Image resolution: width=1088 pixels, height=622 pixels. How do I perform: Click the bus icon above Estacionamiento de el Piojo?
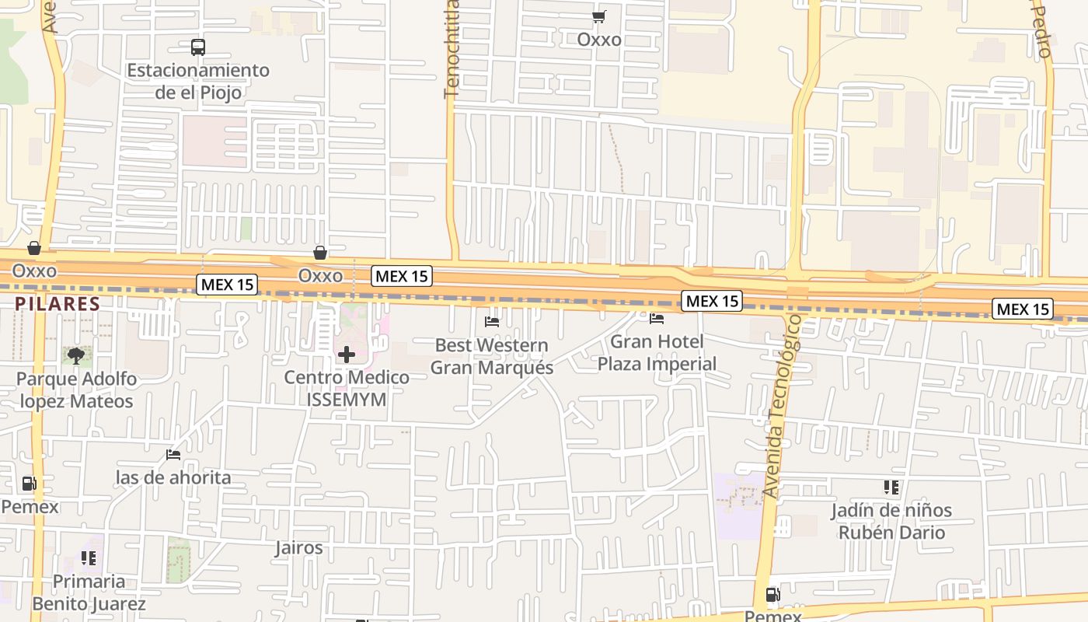(x=198, y=47)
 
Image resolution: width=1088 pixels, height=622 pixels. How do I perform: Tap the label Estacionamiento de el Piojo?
(x=198, y=81)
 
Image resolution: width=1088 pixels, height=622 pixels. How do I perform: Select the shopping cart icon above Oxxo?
(x=598, y=16)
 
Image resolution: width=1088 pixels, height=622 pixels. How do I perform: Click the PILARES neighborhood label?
(x=57, y=304)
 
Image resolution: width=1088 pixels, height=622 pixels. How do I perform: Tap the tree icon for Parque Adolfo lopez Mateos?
(x=75, y=357)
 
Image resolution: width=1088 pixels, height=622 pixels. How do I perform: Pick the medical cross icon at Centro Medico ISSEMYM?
(x=347, y=355)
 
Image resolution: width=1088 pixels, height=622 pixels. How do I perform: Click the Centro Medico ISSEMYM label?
(x=347, y=388)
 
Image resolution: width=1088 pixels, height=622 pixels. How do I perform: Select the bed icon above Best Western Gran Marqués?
(x=492, y=321)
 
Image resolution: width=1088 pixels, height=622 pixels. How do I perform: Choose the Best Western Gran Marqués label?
(x=492, y=356)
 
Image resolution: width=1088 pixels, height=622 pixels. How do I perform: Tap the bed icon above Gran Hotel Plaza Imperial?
(x=657, y=318)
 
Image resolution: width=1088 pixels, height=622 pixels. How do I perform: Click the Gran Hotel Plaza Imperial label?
(x=657, y=352)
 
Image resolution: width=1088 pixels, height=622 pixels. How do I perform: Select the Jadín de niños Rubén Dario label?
(x=891, y=522)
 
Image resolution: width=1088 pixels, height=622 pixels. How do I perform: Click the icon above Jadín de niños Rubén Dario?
(x=891, y=487)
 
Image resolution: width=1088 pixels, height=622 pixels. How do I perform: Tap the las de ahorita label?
(x=173, y=477)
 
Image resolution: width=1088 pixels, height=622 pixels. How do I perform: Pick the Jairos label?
(x=298, y=547)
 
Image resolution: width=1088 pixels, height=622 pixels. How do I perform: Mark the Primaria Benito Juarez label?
(x=89, y=592)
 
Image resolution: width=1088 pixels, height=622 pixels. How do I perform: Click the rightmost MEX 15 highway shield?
(x=1023, y=309)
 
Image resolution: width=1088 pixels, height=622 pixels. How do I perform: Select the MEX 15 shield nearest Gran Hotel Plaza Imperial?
(x=712, y=301)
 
